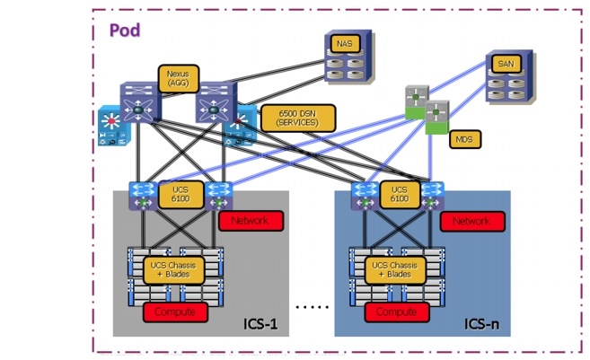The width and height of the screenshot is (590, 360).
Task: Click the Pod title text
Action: [125, 31]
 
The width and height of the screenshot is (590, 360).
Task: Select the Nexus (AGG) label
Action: [177, 78]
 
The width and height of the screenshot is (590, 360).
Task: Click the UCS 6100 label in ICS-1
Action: [177, 195]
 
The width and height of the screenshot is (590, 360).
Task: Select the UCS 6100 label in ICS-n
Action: [399, 195]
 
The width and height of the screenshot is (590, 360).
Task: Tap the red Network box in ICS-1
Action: [251, 221]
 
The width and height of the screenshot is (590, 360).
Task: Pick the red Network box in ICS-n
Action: [472, 221]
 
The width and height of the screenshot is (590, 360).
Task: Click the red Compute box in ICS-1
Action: [176, 312]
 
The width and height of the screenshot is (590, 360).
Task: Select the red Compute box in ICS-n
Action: [396, 312]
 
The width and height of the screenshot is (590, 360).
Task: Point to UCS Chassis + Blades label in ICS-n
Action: [396, 269]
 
